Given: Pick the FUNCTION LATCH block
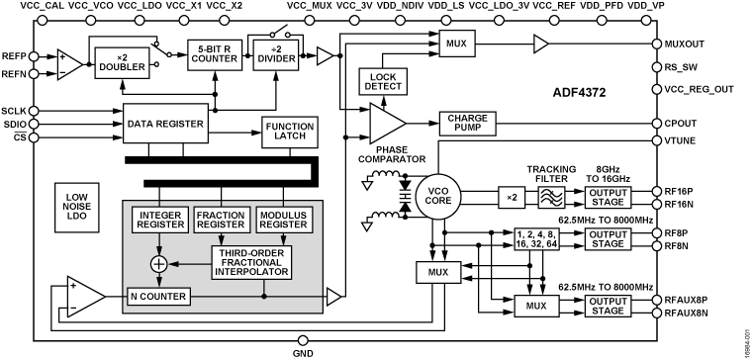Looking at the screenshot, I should tap(288, 130).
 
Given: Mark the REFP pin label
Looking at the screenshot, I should tap(16, 54).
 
